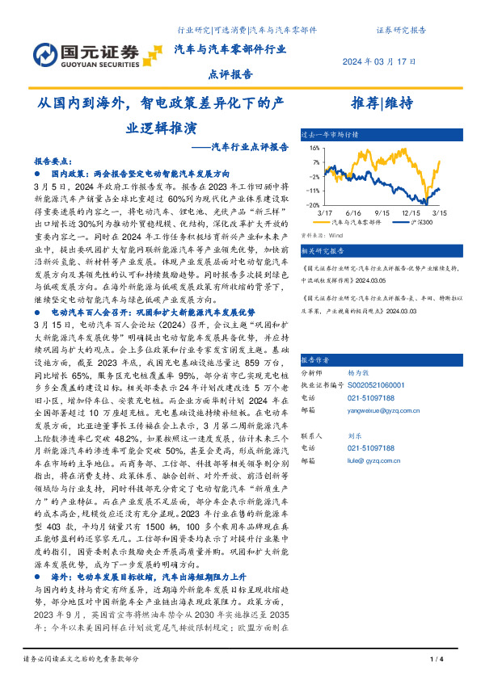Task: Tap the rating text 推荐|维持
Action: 382,103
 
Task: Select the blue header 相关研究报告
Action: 323,251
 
